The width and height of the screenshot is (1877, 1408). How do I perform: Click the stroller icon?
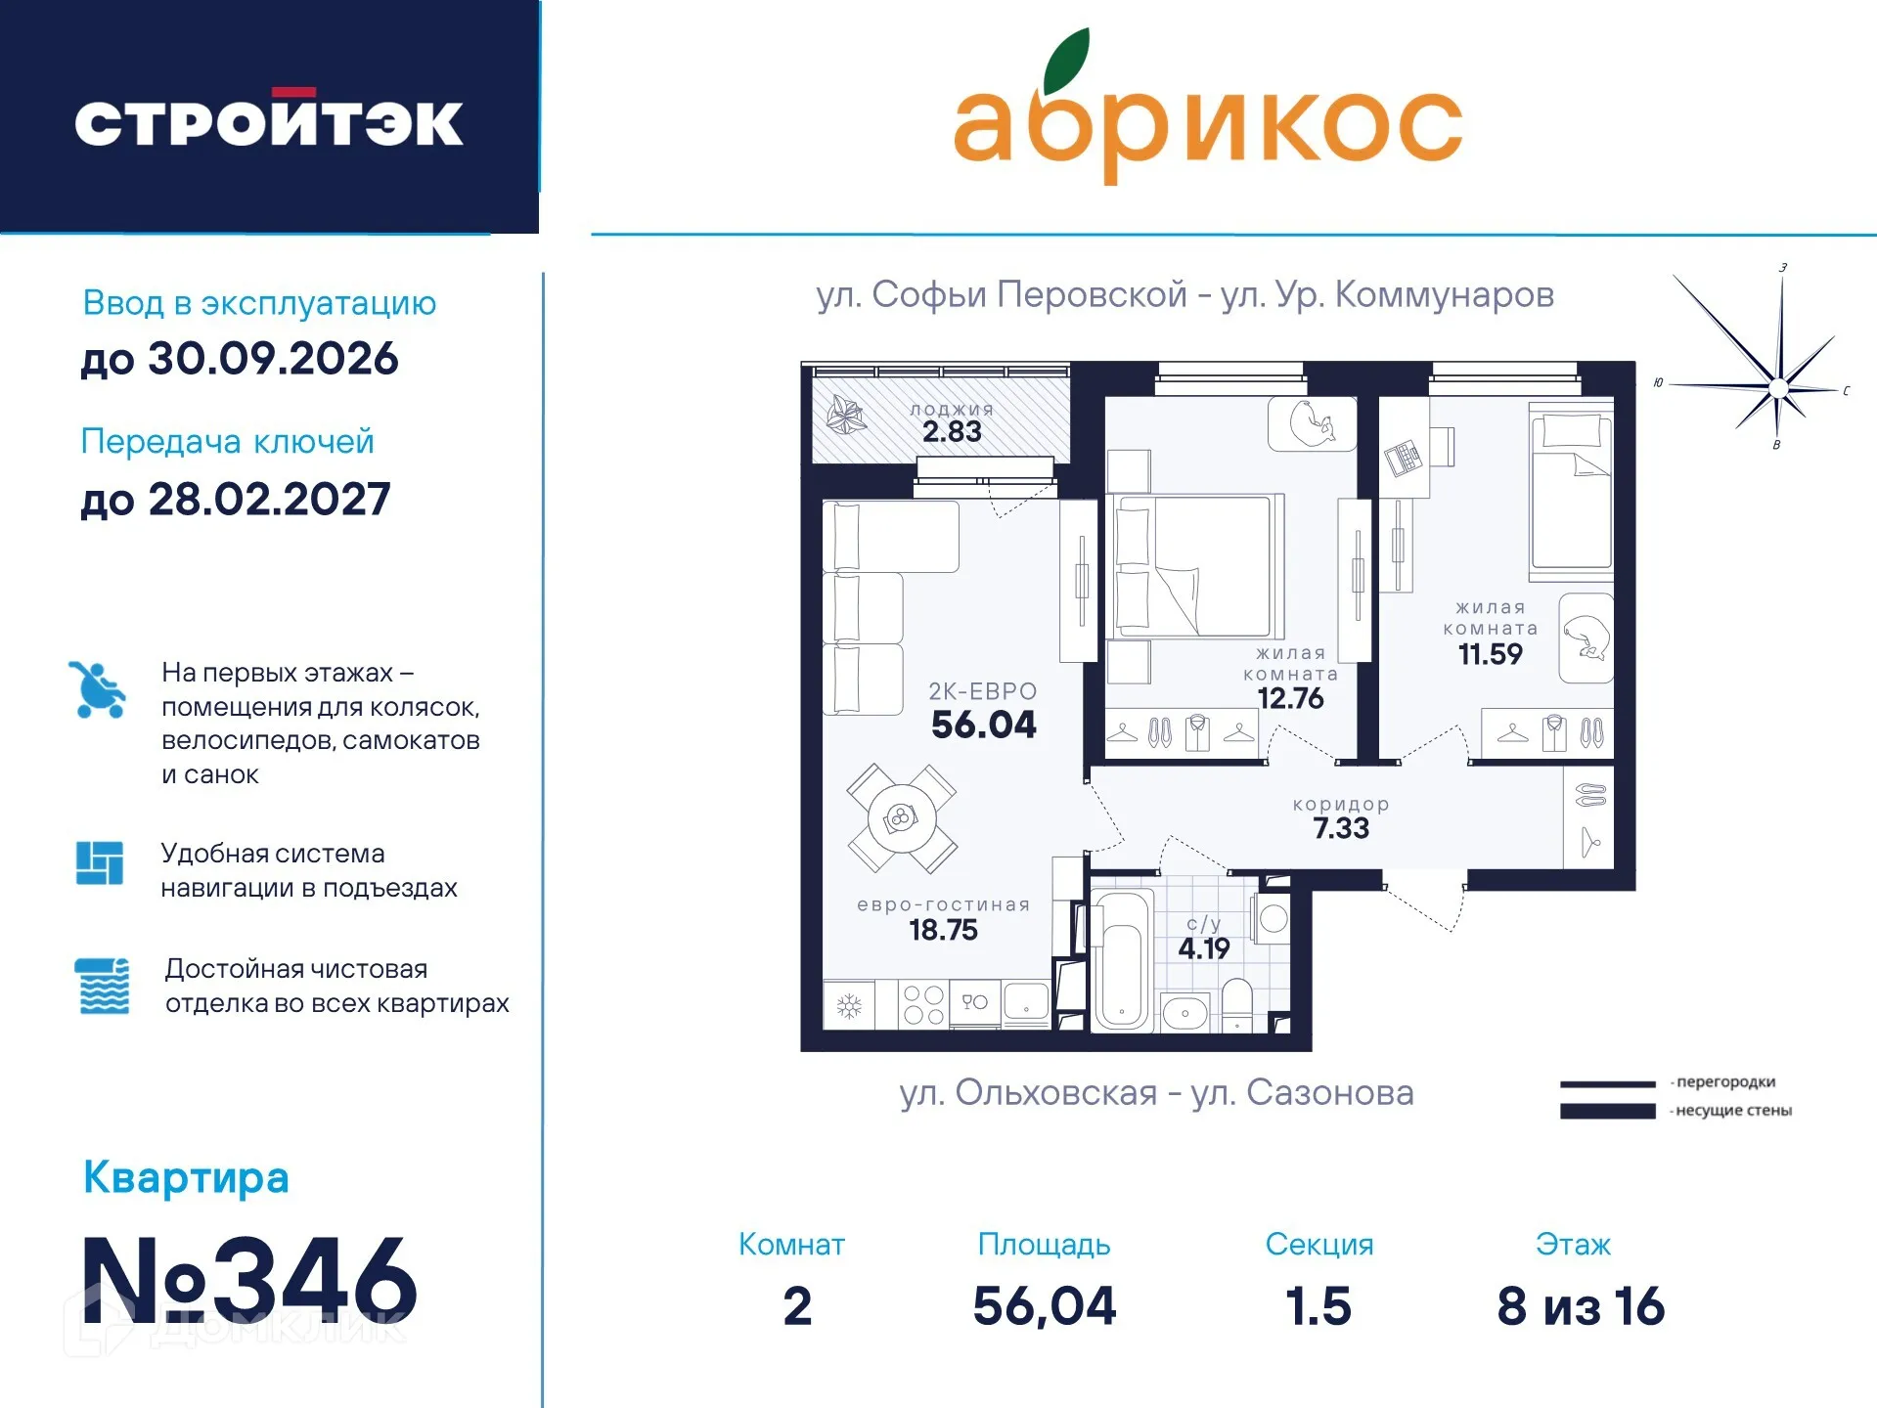pyautogui.click(x=98, y=690)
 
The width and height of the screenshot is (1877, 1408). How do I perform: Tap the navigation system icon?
pyautogui.click(x=100, y=863)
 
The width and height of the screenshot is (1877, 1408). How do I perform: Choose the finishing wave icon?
pyautogui.click(x=102, y=986)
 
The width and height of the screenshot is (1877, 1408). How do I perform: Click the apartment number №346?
pyautogui.click(x=250, y=1280)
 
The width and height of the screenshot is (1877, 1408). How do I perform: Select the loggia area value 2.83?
pyautogui.click(x=952, y=431)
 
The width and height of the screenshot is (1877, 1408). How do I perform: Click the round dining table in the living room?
pyautogui.click(x=901, y=818)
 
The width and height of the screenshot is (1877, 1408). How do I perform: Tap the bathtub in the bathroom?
pyautogui.click(x=1121, y=962)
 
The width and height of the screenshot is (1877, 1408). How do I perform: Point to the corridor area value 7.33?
pyautogui.click(x=1341, y=828)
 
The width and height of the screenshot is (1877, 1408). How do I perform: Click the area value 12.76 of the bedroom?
pyautogui.click(x=1290, y=698)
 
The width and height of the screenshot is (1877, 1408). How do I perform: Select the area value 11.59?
pyautogui.click(x=1490, y=654)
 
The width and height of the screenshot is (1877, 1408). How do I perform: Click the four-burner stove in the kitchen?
pyautogui.click(x=923, y=1004)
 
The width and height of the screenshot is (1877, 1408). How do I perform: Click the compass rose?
pyautogui.click(x=1777, y=388)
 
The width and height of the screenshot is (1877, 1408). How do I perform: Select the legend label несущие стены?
pyautogui.click(x=1733, y=1111)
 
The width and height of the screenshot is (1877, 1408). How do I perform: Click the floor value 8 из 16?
pyautogui.click(x=1581, y=1306)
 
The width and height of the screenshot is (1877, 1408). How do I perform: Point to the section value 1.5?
pyautogui.click(x=1318, y=1306)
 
